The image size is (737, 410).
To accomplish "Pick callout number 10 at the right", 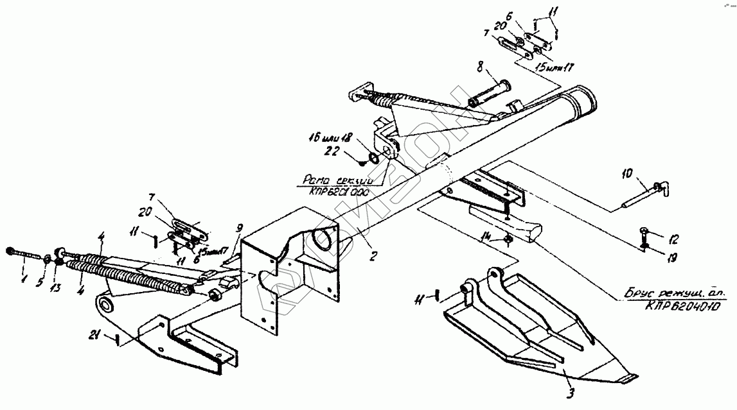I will point(628,173).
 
